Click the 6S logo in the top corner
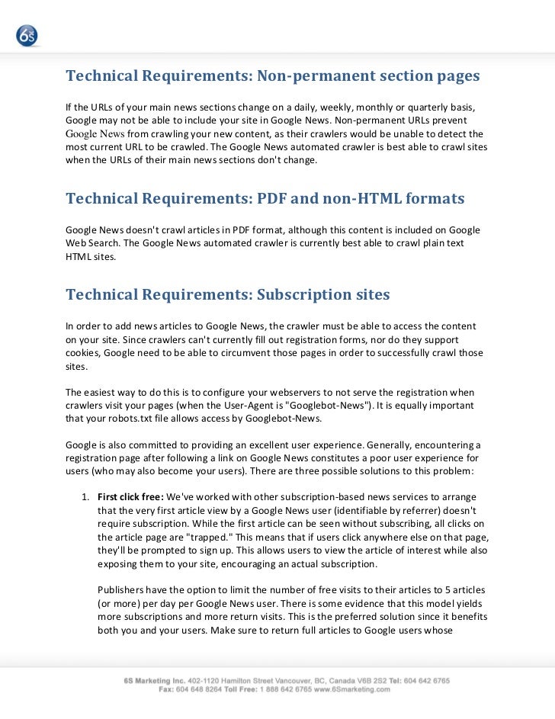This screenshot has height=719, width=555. pyautogui.click(x=27, y=35)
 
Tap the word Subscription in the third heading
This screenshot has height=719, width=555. pyautogui.click(x=304, y=294)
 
